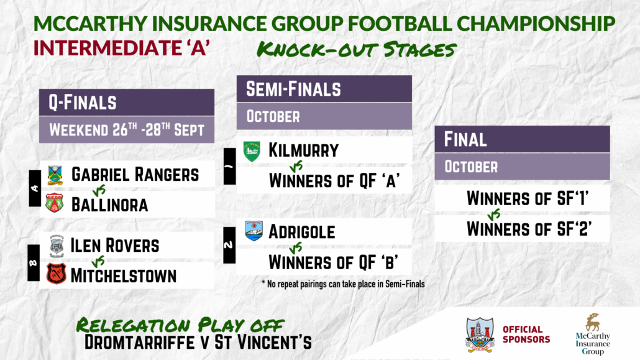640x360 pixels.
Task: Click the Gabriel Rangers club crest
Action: pos(55,175)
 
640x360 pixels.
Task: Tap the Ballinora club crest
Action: pos(54,203)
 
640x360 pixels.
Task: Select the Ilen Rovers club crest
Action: pos(57,246)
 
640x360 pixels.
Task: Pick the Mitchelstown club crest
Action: pos(56,274)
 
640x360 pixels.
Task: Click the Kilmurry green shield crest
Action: pos(252,151)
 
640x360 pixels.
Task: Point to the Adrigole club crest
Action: pos(254,231)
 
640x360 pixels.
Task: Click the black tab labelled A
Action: pos(35,188)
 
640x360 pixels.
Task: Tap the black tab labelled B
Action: pos(34,263)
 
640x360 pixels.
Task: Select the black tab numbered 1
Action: pos(229,166)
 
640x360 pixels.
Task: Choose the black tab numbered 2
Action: pos(229,245)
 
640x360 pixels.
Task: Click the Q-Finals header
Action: pos(127,102)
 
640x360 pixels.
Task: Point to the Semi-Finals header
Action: pos(324,89)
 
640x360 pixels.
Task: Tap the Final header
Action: pos(522,139)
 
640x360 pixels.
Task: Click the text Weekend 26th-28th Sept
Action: pos(127,130)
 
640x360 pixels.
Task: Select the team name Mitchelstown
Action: pos(124,276)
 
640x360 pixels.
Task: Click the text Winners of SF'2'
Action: pos(529,229)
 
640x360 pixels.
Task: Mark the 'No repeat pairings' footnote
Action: pos(343,284)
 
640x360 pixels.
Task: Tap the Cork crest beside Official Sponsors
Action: pos(480,335)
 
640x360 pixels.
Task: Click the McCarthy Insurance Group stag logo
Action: pos(593,323)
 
